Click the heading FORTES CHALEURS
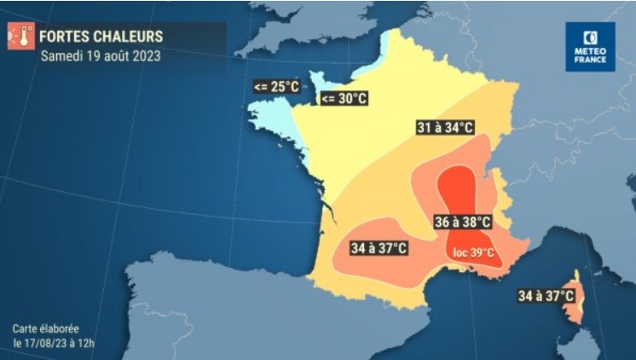click(101, 37)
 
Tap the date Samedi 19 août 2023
click(100, 56)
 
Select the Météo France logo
click(590, 47)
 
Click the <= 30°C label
click(344, 99)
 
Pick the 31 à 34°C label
click(444, 127)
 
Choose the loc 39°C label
click(473, 252)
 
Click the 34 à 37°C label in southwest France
click(379, 248)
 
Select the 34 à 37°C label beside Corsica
click(546, 296)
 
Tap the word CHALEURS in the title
click(130, 37)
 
